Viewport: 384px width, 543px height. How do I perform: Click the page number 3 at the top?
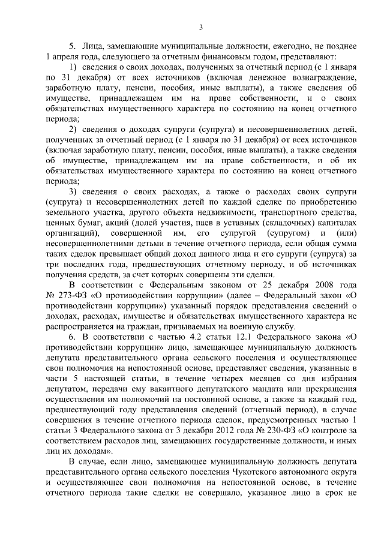tap(202, 26)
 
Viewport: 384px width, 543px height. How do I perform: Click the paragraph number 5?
tap(72, 46)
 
